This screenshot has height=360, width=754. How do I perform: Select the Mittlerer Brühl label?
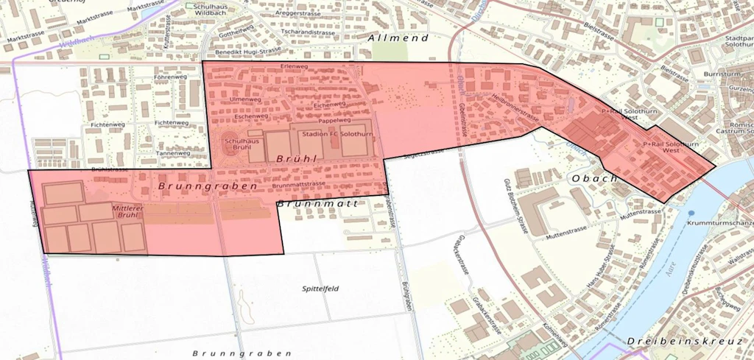click(127, 212)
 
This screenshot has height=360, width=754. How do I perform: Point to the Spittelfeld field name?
click(320, 289)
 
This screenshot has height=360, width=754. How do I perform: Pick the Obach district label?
click(593, 179)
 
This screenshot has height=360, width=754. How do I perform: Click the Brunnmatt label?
click(318, 202)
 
